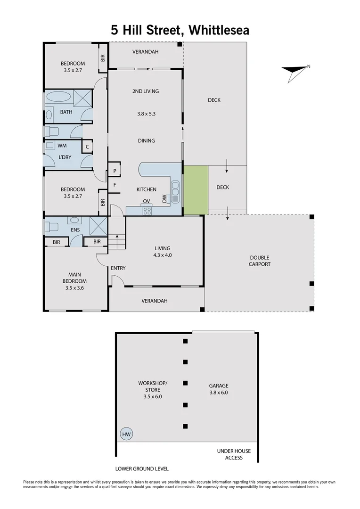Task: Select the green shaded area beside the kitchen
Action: pyautogui.click(x=196, y=189)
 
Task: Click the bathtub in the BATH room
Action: pyautogui.click(x=58, y=98)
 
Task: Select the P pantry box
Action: pyautogui.click(x=115, y=171)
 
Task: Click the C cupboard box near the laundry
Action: pyautogui.click(x=87, y=147)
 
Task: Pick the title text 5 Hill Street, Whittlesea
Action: pyautogui.click(x=180, y=31)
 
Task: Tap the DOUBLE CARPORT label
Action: pyautogui.click(x=259, y=261)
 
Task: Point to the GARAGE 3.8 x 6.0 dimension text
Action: pyautogui.click(x=218, y=392)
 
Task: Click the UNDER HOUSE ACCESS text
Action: pyautogui.click(x=234, y=454)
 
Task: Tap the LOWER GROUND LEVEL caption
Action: pyautogui.click(x=142, y=469)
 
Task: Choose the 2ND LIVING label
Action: pyautogui.click(x=145, y=91)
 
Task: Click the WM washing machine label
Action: pyautogui.click(x=62, y=146)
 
